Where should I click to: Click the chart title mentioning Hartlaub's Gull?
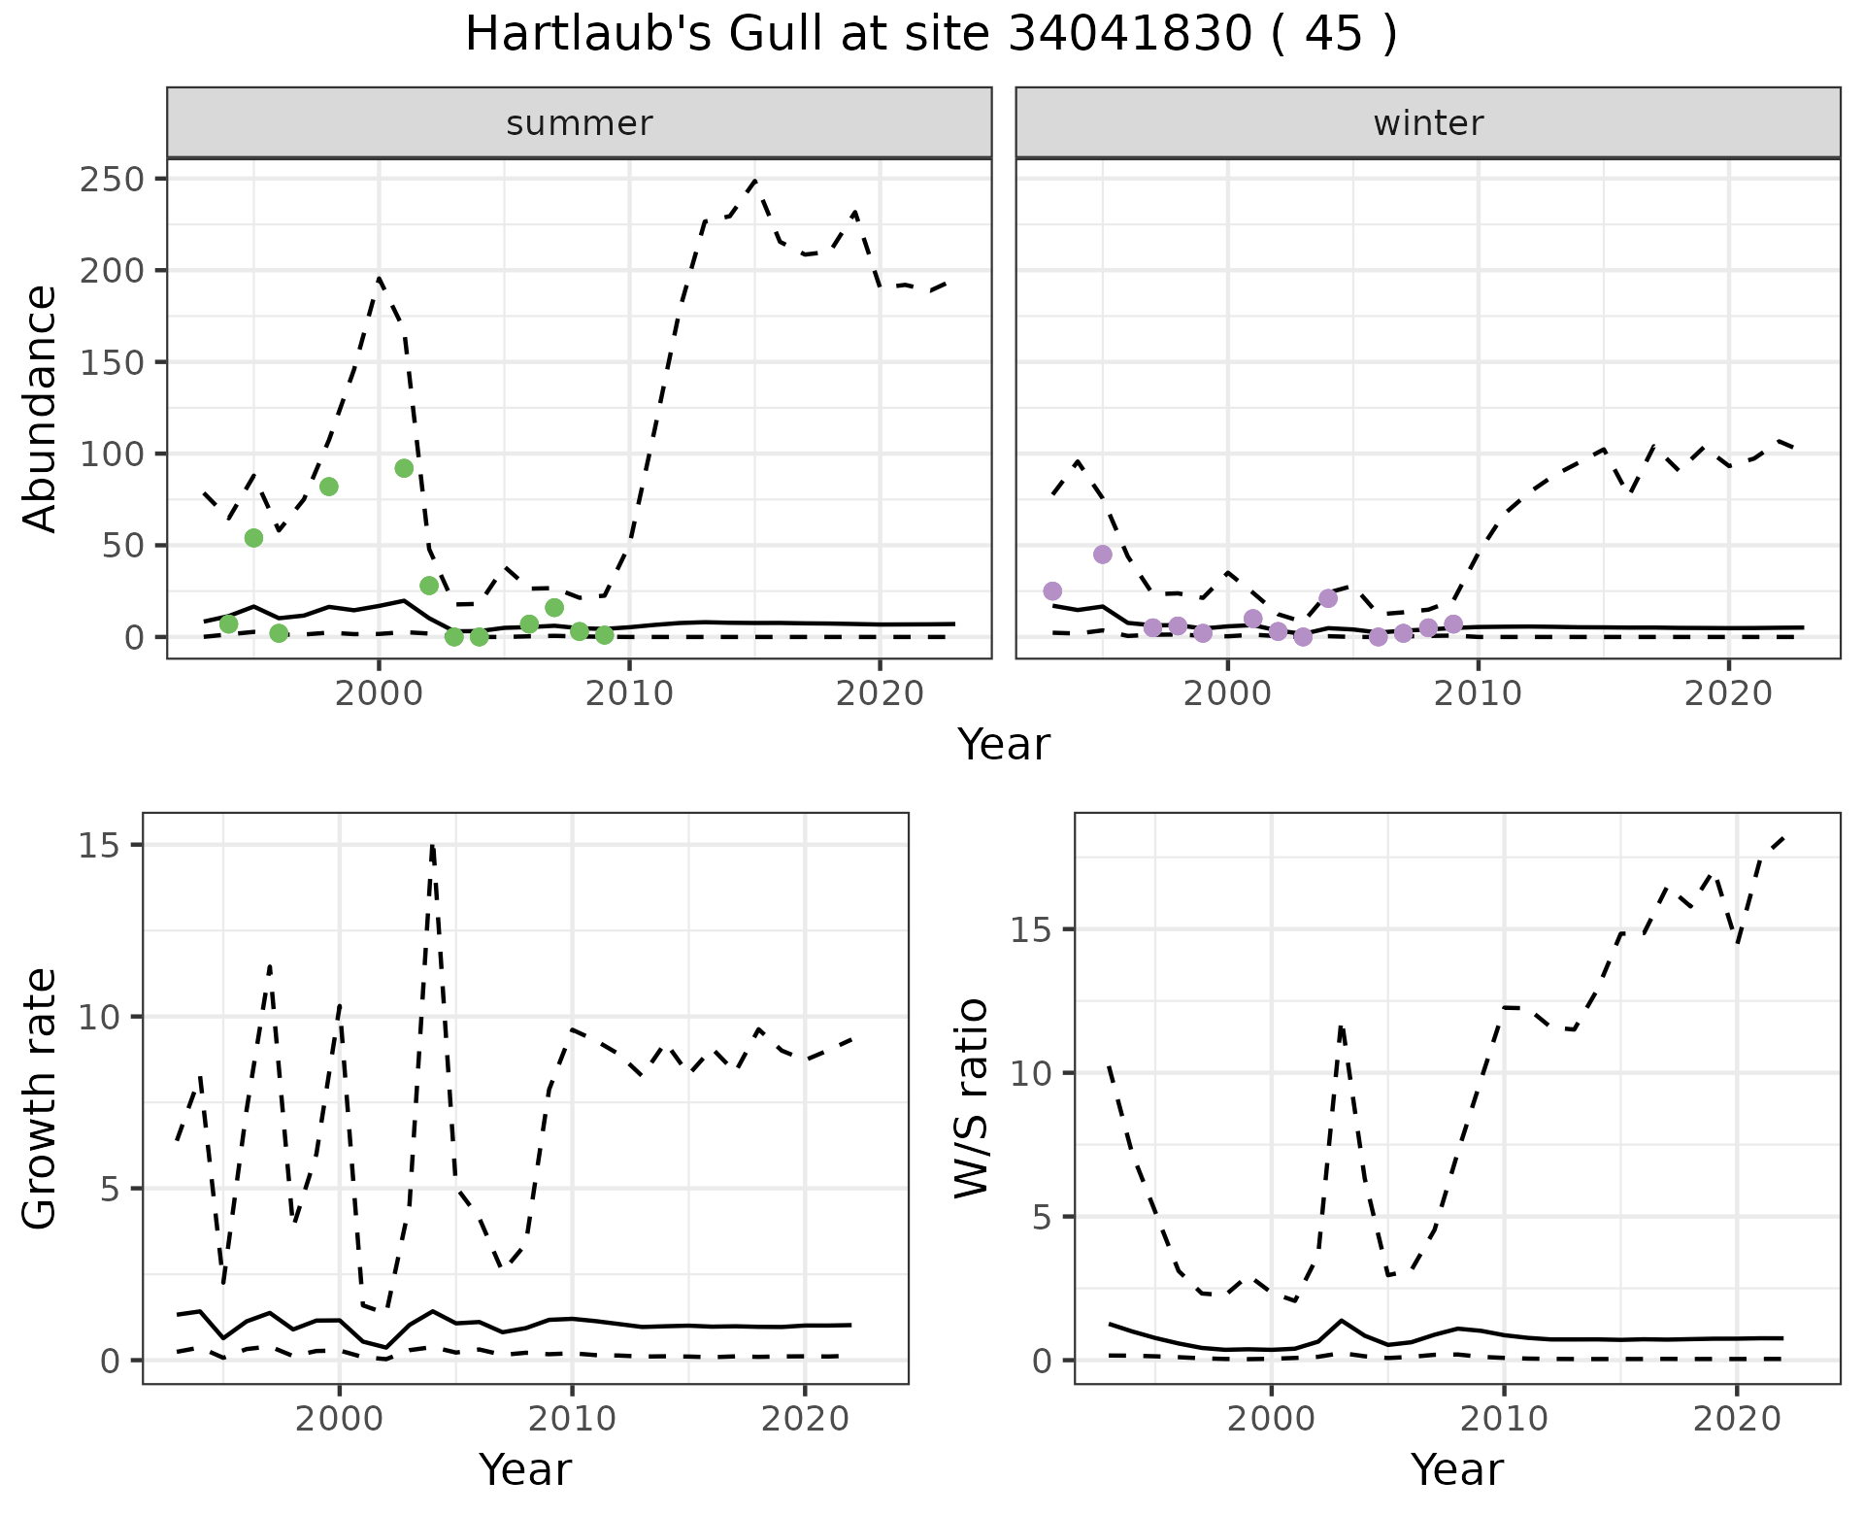931,35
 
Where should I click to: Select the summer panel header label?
580,123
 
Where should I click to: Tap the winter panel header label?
1428,123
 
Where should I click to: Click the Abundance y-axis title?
41,408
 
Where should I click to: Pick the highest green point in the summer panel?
405,468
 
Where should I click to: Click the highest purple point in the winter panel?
1102,555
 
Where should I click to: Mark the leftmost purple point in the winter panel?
1052,591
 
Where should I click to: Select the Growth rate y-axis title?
41,1098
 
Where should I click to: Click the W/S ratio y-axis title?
972,1098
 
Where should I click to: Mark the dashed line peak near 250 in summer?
754,181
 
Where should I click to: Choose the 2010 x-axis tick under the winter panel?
1478,694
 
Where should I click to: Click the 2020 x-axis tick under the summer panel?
879,694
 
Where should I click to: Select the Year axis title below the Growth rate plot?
525,1470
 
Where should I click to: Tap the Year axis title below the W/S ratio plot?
1457,1470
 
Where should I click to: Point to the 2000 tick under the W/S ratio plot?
1271,1420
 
